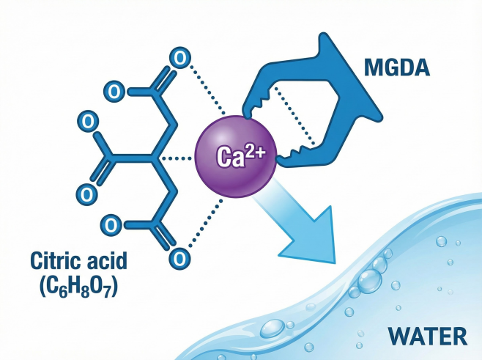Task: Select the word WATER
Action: (x=427, y=337)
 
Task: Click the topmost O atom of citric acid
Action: (x=177, y=56)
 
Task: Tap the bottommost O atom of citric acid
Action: (x=177, y=258)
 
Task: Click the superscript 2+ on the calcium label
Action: (x=254, y=147)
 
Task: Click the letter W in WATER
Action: (x=396, y=337)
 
